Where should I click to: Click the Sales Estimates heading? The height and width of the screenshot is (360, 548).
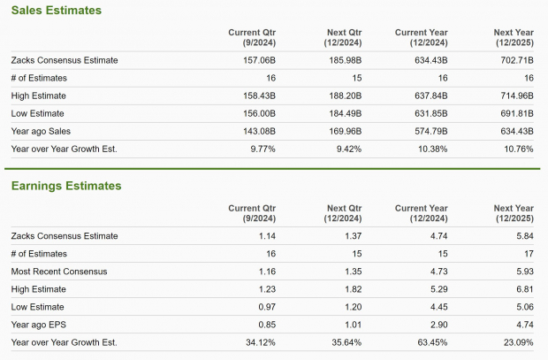(x=56, y=11)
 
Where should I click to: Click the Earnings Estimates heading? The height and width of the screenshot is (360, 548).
(x=65, y=186)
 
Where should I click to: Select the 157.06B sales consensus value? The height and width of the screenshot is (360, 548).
(x=257, y=60)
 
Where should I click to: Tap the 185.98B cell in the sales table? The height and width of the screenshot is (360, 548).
(x=344, y=60)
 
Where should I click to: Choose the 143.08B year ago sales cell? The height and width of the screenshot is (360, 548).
(x=257, y=131)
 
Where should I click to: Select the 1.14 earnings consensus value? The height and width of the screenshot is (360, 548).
(x=266, y=236)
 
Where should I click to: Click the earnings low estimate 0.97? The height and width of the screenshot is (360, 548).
(x=266, y=306)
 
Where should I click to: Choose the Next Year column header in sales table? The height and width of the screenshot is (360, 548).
(x=513, y=37)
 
